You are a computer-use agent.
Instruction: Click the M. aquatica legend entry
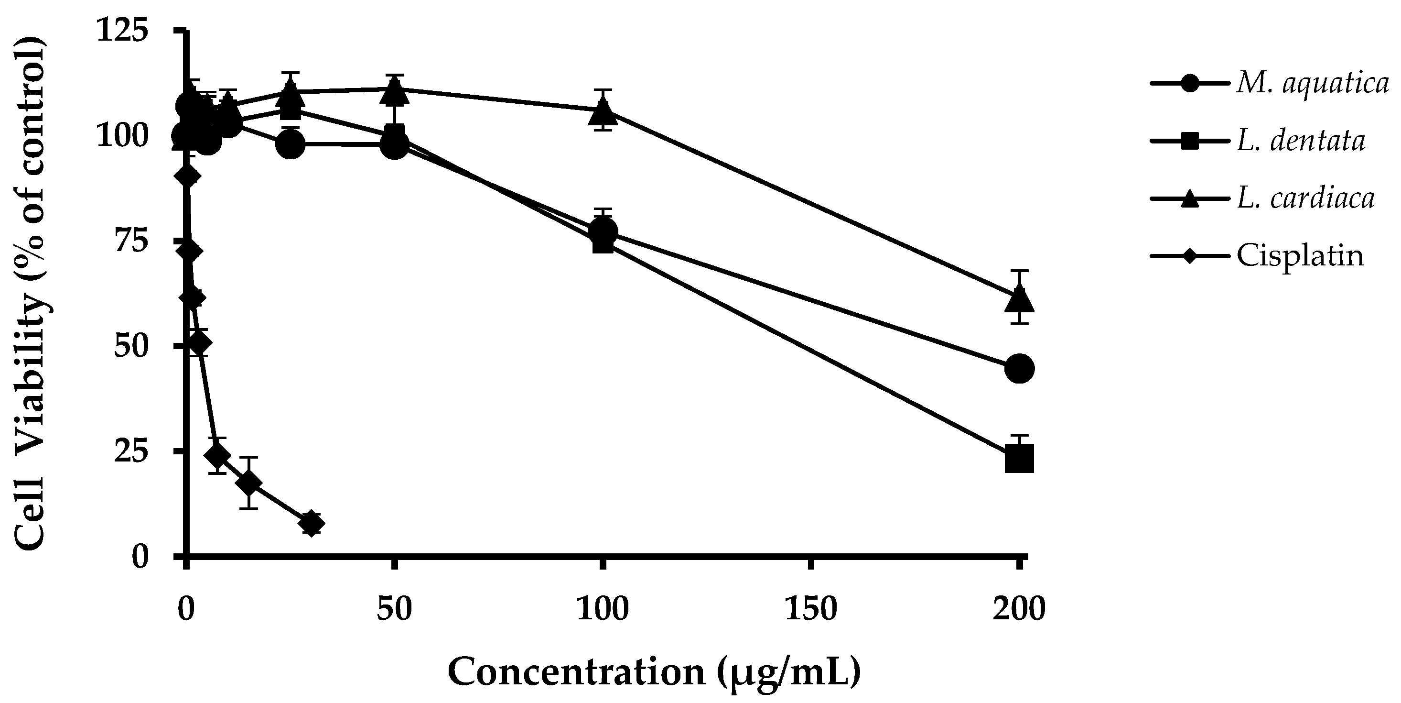pyautogui.click(x=1312, y=84)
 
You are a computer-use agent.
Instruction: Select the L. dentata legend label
pyautogui.click(x=1300, y=142)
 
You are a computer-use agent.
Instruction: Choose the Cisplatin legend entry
pyautogui.click(x=1300, y=255)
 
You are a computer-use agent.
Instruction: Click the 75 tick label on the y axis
pyautogui.click(x=130, y=241)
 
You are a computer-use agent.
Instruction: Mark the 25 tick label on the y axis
pyautogui.click(x=130, y=451)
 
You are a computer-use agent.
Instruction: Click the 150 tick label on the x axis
pyautogui.click(x=810, y=609)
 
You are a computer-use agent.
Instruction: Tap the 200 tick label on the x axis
pyautogui.click(x=1019, y=609)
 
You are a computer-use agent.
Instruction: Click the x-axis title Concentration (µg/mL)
pyautogui.click(x=654, y=671)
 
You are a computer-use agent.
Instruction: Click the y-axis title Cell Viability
pyautogui.click(x=31, y=294)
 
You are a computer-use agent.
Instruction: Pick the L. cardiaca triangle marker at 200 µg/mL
pyautogui.click(x=1019, y=299)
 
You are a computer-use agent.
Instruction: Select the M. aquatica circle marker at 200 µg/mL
pyautogui.click(x=1019, y=368)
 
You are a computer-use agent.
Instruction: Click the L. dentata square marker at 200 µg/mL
pyautogui.click(x=1019, y=458)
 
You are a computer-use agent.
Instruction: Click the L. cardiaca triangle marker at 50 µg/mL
pyautogui.click(x=395, y=90)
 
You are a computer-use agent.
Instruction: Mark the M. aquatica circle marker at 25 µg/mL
pyautogui.click(x=291, y=144)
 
